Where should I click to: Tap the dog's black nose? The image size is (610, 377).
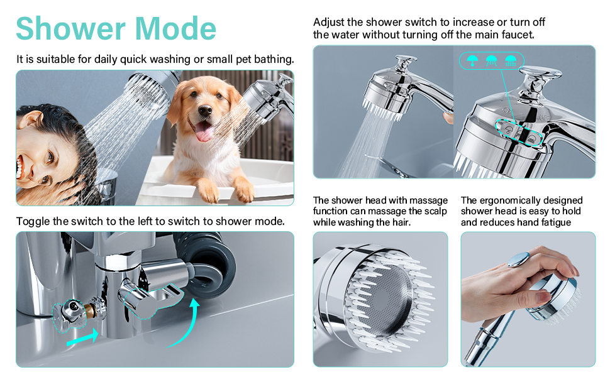click(204, 111)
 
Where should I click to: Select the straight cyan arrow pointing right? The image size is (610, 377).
click(82, 337)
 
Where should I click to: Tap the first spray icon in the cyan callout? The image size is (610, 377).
click(472, 60)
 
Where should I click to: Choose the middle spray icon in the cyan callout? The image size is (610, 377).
click(491, 60)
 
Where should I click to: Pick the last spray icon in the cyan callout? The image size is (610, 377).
click(511, 60)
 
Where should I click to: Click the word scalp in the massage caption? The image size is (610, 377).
click(435, 211)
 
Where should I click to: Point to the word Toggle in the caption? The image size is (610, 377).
click(33, 222)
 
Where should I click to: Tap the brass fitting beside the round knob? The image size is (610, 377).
click(90, 309)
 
